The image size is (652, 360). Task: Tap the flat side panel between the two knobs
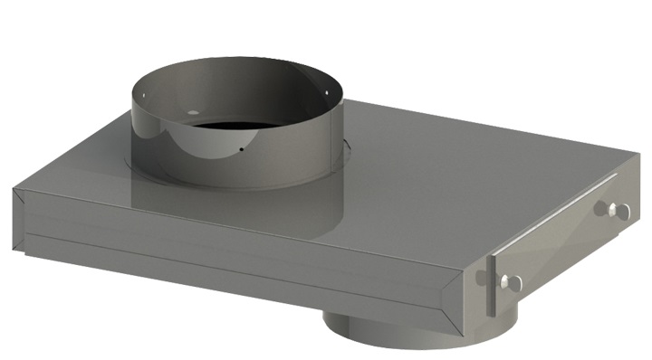561,249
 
